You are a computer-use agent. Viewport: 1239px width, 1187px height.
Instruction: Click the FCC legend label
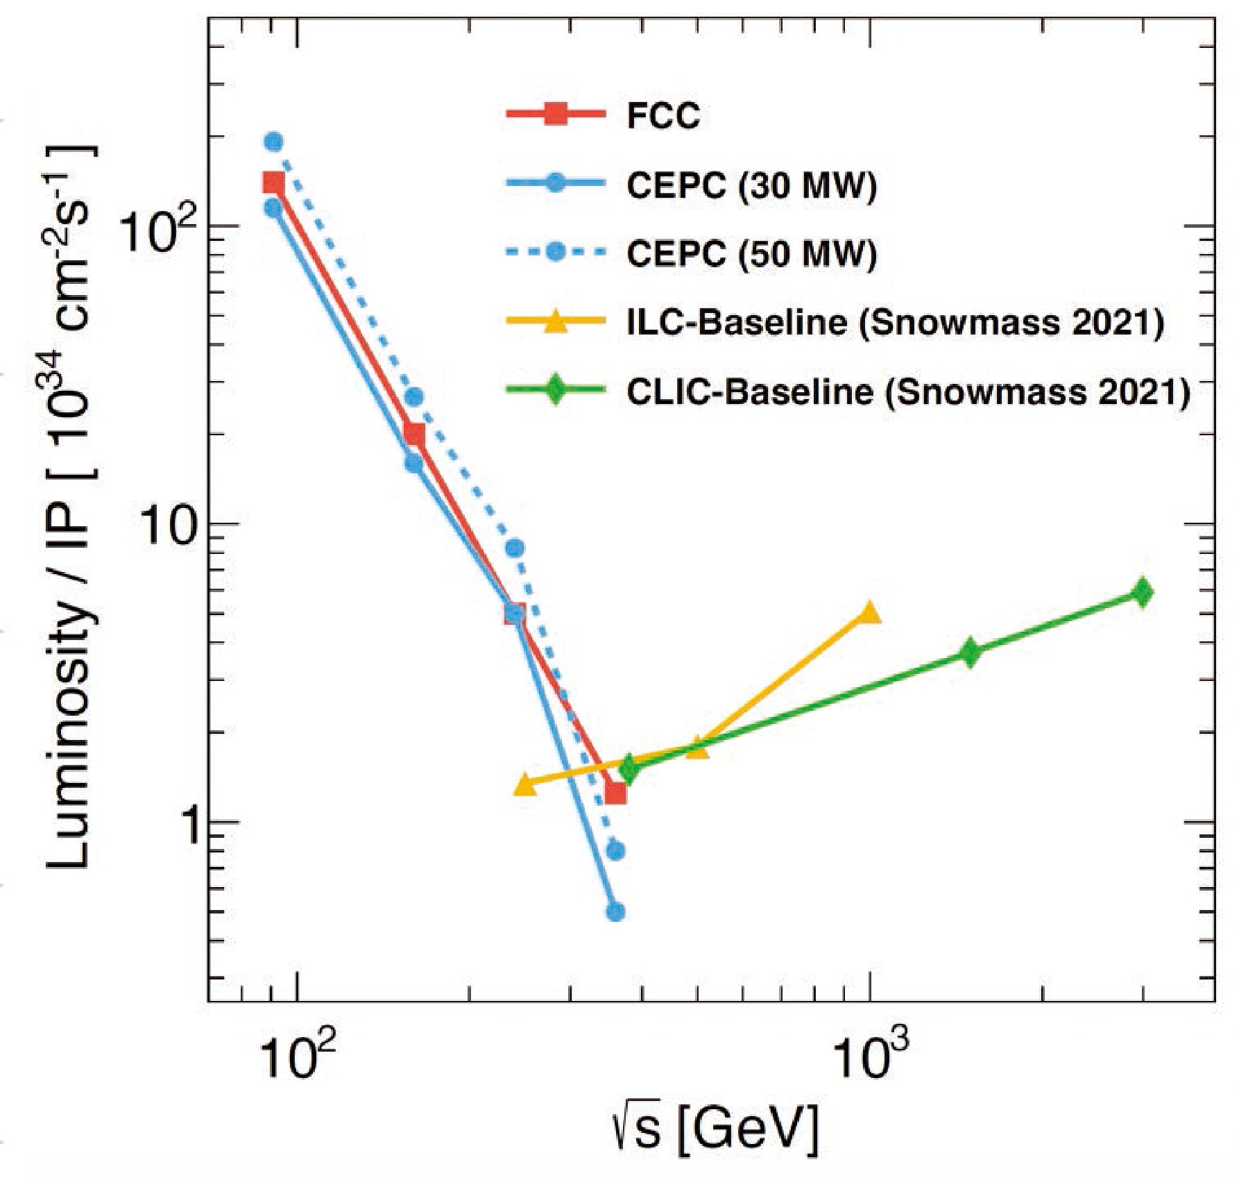coord(663,117)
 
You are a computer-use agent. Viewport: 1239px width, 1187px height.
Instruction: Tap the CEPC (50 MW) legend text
coord(751,253)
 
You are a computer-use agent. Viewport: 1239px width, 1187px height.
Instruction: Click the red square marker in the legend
coord(555,117)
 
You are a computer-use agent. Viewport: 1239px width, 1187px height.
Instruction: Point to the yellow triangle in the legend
coord(555,323)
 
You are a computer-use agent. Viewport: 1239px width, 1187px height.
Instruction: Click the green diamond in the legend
coord(555,392)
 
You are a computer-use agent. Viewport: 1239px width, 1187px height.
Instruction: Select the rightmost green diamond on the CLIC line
coord(1143,593)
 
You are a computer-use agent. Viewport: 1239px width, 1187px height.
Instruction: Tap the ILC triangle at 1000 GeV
coord(869,614)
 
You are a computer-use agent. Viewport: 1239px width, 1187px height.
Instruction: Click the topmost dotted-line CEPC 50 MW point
coord(274,142)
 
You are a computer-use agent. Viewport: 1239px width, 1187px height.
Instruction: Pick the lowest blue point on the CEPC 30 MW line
coord(615,911)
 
